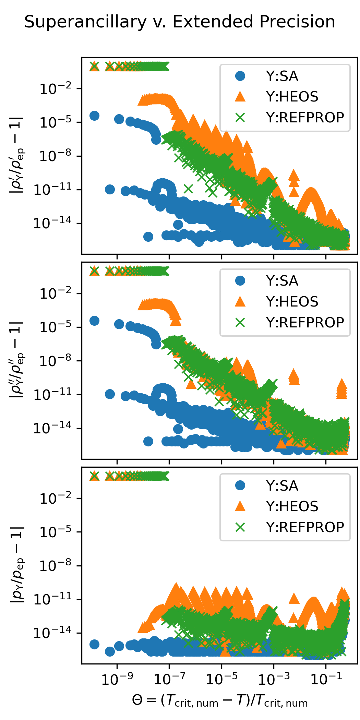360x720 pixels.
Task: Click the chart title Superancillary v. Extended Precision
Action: [180, 22]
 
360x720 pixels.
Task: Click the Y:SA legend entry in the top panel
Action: [282, 76]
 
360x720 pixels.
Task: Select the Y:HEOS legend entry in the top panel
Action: [292, 97]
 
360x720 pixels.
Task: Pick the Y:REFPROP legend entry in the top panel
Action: [305, 118]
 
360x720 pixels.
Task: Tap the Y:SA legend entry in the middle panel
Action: [282, 281]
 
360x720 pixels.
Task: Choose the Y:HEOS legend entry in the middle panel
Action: [292, 302]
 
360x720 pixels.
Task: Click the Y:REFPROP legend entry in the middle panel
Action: [305, 323]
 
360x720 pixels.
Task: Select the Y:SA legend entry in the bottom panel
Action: [282, 486]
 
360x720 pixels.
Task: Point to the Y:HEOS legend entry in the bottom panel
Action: [292, 506]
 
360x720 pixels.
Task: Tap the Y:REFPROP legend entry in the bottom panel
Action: [305, 527]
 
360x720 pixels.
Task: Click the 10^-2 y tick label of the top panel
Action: [56, 89]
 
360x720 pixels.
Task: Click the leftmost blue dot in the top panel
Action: [94, 116]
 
